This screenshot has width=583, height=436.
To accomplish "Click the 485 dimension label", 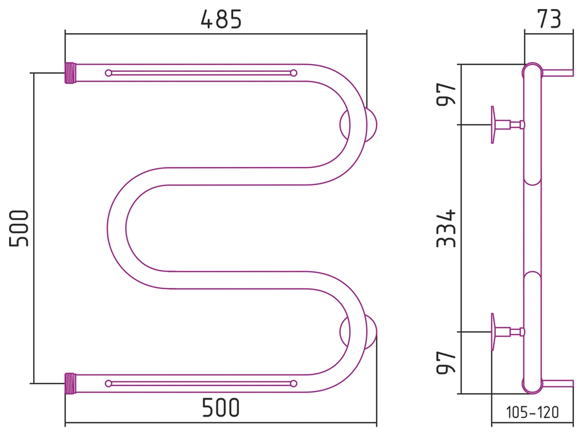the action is coord(222,19).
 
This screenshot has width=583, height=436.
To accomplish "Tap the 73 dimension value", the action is coord(549,19).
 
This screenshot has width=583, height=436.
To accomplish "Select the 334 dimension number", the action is coord(446,228).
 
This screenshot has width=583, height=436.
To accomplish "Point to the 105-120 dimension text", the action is coord(532,412).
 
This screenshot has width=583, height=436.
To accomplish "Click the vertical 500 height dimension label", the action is coord(19,228).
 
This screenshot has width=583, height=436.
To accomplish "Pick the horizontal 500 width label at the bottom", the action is coord(221,408).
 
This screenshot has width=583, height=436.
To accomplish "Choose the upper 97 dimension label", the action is coord(446,94).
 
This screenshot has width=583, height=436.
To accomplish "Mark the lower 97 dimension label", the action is coord(446,362).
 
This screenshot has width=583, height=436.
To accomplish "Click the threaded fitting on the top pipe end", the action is coord(70,73).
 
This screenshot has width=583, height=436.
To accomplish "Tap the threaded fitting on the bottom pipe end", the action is coord(70,383).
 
